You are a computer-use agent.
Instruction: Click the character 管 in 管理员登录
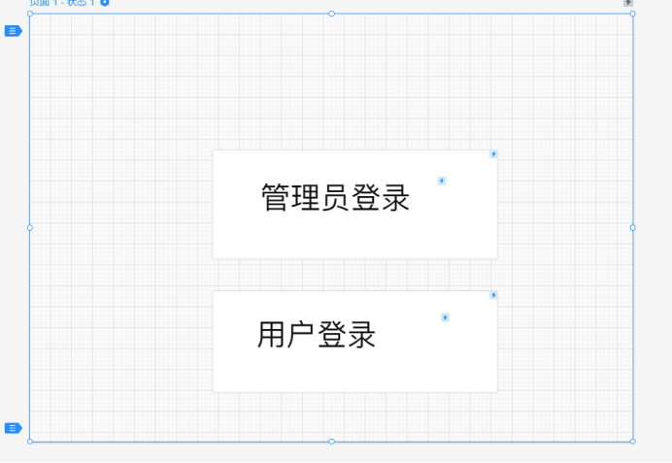tap(276, 198)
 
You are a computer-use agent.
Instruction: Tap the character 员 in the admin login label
tap(335, 198)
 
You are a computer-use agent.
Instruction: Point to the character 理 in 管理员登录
tap(305, 198)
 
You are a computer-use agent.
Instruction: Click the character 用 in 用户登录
tap(272, 335)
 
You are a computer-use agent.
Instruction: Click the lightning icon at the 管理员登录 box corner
tap(493, 153)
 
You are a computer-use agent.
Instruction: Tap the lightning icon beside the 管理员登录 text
tap(442, 181)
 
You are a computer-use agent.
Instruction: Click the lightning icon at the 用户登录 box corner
tap(493, 295)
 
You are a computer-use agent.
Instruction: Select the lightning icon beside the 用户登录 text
tap(445, 317)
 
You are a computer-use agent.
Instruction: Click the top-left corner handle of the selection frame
tap(30, 14)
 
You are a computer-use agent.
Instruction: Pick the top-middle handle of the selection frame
tap(331, 14)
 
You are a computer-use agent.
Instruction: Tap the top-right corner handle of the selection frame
tap(633, 14)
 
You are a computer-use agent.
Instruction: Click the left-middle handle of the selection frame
tap(30, 228)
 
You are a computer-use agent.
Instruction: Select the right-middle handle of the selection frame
tap(633, 228)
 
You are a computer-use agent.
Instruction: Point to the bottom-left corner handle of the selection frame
tap(30, 442)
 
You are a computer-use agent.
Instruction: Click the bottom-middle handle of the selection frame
tap(331, 442)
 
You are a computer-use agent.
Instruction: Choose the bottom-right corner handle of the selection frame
tap(633, 442)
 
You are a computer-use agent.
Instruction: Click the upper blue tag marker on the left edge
tap(13, 31)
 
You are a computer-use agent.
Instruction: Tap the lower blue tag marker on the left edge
tap(13, 428)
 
